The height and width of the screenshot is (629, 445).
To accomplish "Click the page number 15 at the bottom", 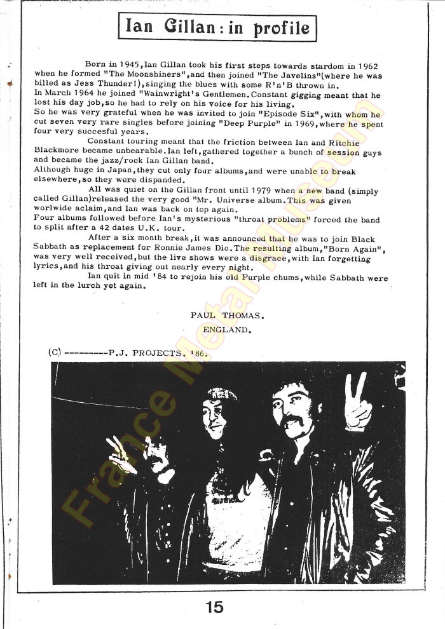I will pos(214,607).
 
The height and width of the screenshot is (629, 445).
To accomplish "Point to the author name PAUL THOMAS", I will pos(227,314).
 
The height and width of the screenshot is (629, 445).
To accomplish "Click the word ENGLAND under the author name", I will pos(228,330).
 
